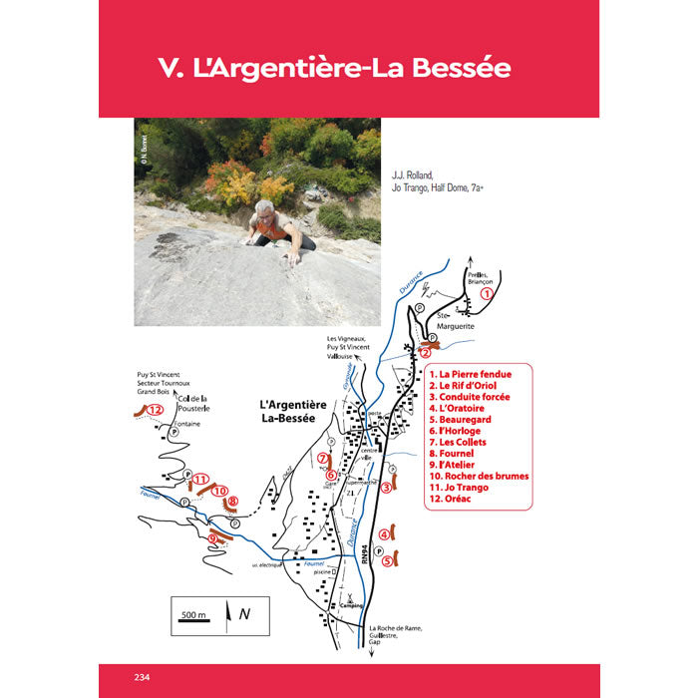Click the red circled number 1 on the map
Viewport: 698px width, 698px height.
(x=487, y=293)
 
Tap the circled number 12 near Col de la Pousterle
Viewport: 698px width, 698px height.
(x=154, y=409)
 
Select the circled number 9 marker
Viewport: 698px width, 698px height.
(x=212, y=538)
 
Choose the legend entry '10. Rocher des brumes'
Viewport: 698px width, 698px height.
(x=479, y=476)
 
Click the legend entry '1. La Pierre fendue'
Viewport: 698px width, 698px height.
(x=470, y=374)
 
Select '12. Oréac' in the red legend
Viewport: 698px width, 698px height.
(x=452, y=502)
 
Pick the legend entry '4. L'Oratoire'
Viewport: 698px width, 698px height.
(x=462, y=407)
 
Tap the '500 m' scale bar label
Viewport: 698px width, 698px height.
(x=193, y=615)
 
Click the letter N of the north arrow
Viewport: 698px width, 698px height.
(x=244, y=614)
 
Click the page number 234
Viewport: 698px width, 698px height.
(x=141, y=678)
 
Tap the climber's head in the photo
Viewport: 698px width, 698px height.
(x=264, y=209)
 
